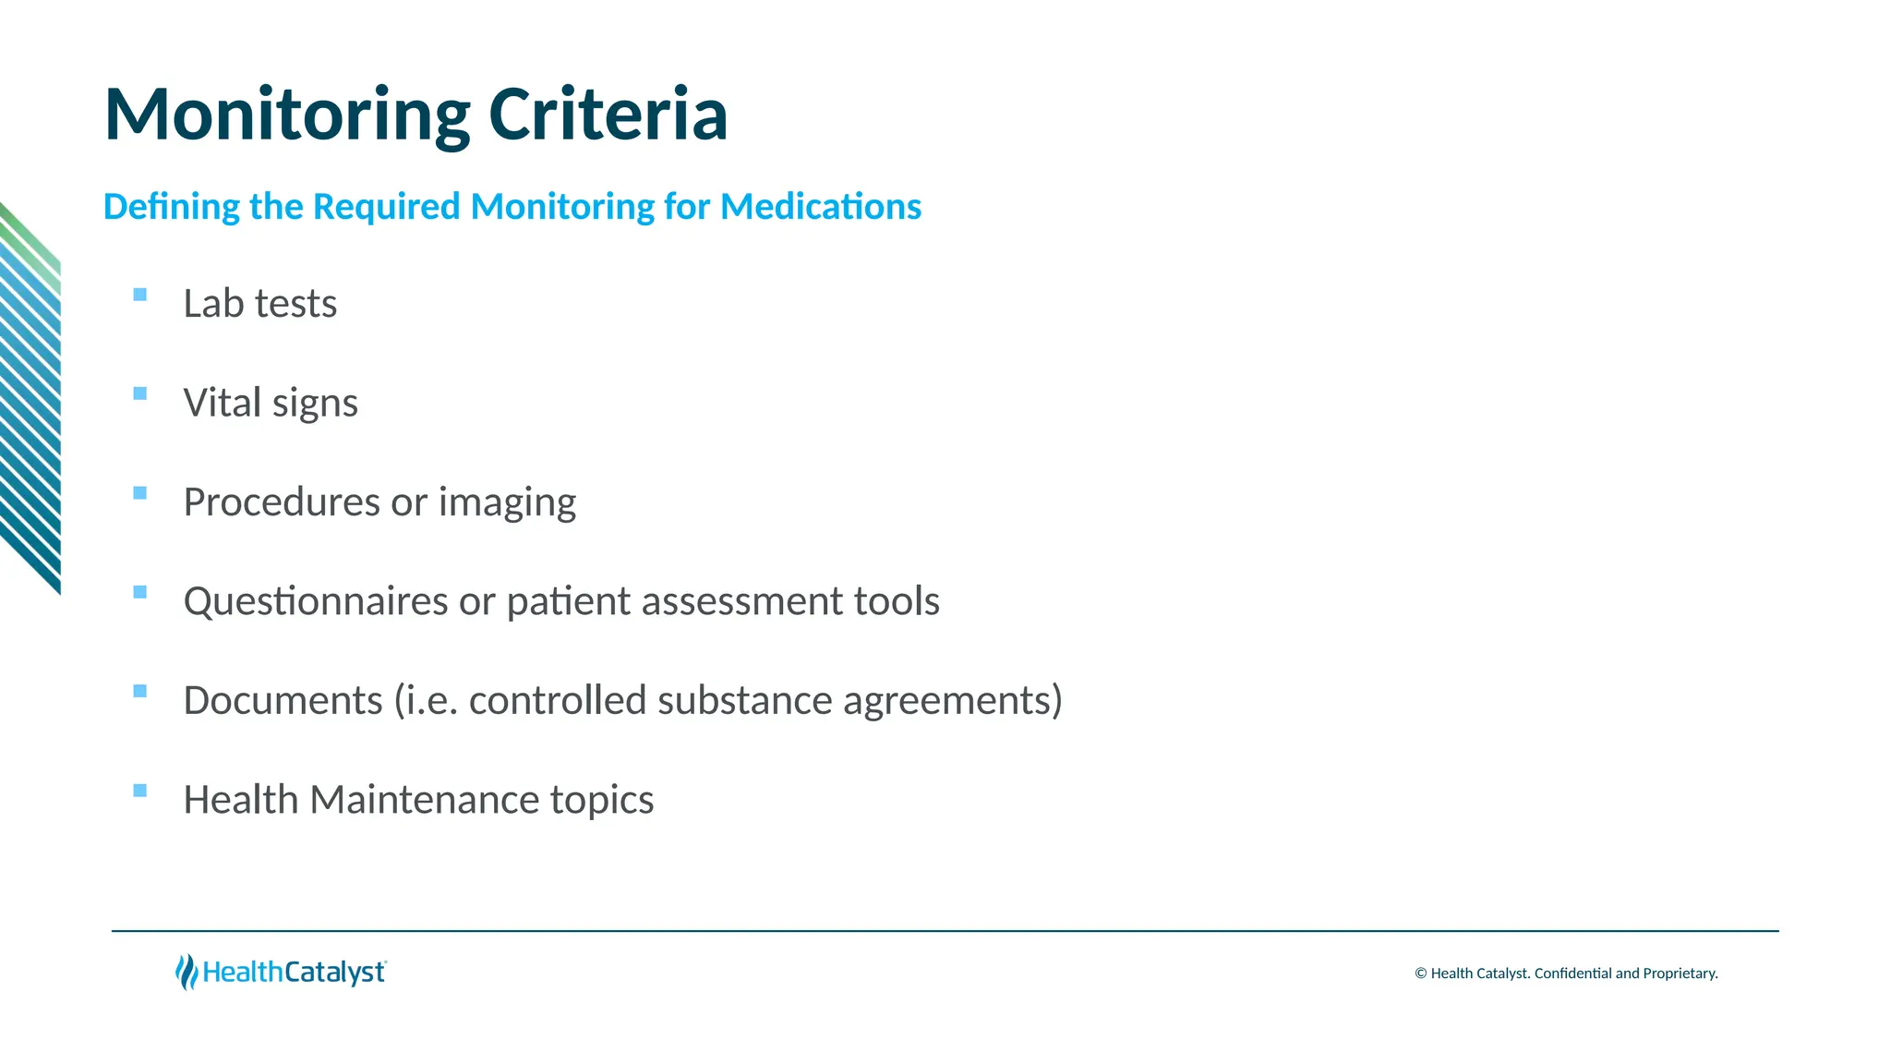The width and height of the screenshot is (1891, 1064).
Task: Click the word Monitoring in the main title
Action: [x=287, y=115]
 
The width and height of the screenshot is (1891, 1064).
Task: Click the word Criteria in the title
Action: [x=608, y=115]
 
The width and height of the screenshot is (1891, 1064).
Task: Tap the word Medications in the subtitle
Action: [x=820, y=206]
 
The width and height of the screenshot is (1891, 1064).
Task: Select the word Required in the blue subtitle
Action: [x=386, y=206]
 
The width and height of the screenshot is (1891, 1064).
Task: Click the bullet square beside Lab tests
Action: [x=140, y=295]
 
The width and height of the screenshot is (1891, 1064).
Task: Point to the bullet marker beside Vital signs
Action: [x=140, y=393]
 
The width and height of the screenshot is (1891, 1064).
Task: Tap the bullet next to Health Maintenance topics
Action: [x=140, y=790]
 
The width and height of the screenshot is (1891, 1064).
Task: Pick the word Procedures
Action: [x=281, y=502]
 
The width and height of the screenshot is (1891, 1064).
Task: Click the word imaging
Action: [x=507, y=503]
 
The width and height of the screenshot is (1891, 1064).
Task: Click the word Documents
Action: [x=283, y=700]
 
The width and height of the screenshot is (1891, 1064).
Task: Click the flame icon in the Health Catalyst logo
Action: [x=187, y=972]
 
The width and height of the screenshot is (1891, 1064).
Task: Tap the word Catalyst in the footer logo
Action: [x=334, y=973]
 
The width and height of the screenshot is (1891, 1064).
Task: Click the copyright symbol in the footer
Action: [x=1420, y=973]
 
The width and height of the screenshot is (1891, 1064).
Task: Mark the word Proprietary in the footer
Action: [x=1680, y=973]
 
